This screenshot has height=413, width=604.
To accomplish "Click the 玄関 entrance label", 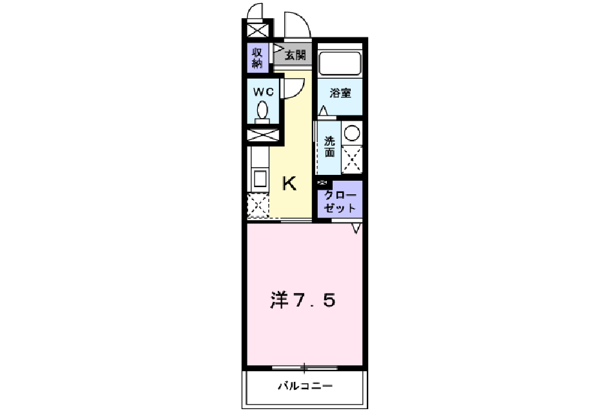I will (x=295, y=55).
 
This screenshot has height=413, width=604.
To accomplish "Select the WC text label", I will (x=263, y=92).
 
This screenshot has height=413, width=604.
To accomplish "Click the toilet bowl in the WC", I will (x=263, y=110).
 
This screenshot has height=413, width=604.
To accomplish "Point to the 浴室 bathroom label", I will (x=340, y=93).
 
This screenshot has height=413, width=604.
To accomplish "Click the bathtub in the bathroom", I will (x=340, y=63).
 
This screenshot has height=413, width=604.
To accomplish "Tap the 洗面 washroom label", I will (x=329, y=147).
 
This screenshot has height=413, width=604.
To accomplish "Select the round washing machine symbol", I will (x=352, y=134).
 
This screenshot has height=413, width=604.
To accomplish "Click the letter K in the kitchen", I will (x=289, y=185).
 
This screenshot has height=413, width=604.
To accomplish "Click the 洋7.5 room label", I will (x=302, y=300).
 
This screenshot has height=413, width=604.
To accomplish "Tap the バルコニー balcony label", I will (x=305, y=387).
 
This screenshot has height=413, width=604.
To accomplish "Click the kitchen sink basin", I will (x=259, y=179).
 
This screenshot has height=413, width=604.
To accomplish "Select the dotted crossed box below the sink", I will (x=258, y=206).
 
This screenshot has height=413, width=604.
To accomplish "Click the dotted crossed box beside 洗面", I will (x=351, y=159).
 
